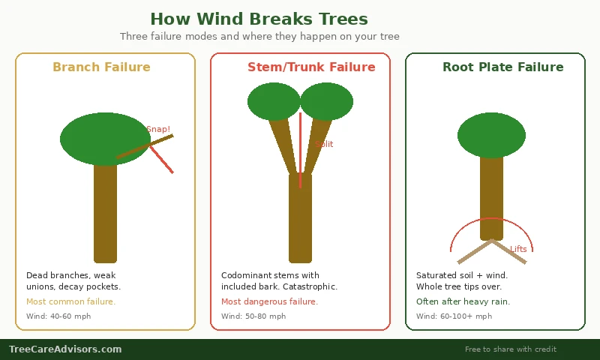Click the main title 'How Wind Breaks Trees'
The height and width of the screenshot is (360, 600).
pyautogui.click(x=259, y=19)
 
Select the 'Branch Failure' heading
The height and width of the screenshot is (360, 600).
pyautogui.click(x=101, y=67)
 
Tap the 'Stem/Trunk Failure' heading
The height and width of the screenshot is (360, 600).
pyautogui.click(x=311, y=67)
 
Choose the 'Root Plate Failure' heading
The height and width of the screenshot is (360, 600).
pyautogui.click(x=502, y=67)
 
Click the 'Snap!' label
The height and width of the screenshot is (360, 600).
pyautogui.click(x=158, y=129)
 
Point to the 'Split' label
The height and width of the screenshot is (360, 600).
pyautogui.click(x=324, y=144)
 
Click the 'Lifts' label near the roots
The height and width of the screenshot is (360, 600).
pyautogui.click(x=518, y=249)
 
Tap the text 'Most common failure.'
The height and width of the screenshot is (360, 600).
pyautogui.click(x=70, y=301)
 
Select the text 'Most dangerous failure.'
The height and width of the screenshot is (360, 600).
pyautogui.click(x=269, y=301)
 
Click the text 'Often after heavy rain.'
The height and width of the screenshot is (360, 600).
pyautogui.click(x=463, y=301)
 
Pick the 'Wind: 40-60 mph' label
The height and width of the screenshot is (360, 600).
pyautogui.click(x=58, y=316)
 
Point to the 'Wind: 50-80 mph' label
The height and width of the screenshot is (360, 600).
pyautogui.click(x=253, y=316)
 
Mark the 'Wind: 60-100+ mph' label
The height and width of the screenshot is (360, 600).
pyautogui.click(x=454, y=316)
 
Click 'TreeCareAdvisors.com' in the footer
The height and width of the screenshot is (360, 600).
pyautogui.click(x=65, y=349)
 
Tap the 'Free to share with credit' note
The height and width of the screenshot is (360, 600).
pyautogui.click(x=510, y=349)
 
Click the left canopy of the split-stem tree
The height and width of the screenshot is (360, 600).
pyautogui.click(x=274, y=101)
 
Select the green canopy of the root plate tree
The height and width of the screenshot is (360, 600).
pyautogui.click(x=491, y=135)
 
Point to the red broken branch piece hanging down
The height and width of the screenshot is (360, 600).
pyautogui.click(x=162, y=160)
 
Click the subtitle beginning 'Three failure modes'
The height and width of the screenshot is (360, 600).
pyautogui.click(x=259, y=37)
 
